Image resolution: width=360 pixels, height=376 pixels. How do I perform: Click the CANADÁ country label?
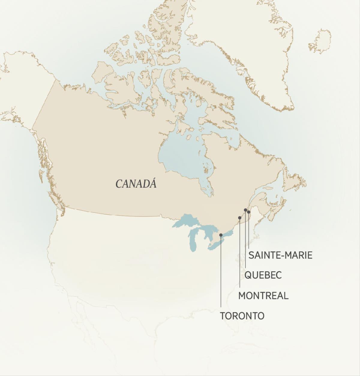tap(136, 184)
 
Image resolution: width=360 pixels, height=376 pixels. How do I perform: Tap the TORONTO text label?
tap(242, 316)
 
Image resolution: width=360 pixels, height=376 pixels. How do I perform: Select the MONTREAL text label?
tap(263, 296)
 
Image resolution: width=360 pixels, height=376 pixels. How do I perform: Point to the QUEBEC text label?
tap(263, 275)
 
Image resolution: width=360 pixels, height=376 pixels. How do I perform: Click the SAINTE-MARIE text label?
tap(280, 255)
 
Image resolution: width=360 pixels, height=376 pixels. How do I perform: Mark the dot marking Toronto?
tap(221, 235)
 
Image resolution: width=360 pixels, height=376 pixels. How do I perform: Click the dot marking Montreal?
tap(239, 217)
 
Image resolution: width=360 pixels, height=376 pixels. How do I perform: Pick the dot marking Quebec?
tap(245, 210)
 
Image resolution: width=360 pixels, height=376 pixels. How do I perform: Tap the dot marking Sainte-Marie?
tap(248, 212)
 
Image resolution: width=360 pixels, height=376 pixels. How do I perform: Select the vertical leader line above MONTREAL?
tap(239, 255)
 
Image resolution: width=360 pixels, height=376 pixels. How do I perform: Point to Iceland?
tap(320, 41)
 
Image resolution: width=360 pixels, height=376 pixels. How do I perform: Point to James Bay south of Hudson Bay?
tap(207, 187)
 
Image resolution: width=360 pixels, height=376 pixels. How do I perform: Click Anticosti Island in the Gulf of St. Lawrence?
tap(268, 188)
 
